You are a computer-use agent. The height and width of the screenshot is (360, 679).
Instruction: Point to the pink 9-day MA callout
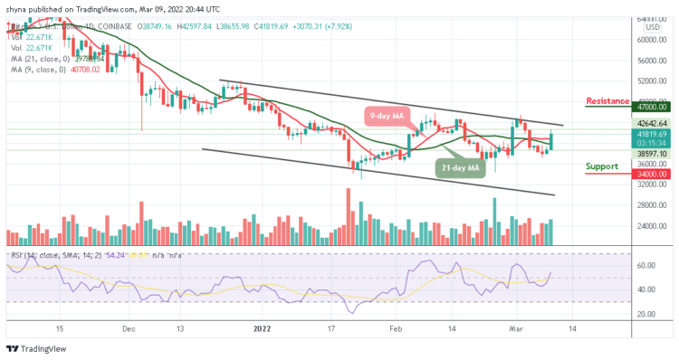click(392, 114)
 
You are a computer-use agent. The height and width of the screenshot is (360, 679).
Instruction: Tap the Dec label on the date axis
click(128, 330)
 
